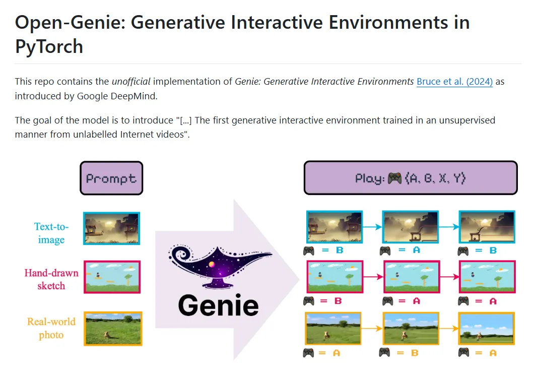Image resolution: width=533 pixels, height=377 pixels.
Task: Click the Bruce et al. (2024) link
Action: tap(454, 82)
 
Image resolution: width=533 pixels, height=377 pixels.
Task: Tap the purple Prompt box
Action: tap(111, 178)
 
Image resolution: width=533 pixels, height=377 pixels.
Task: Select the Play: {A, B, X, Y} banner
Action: tap(411, 178)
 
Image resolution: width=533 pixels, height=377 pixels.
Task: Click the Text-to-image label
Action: tap(51, 233)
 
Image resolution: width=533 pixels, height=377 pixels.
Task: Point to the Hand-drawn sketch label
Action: tap(51, 279)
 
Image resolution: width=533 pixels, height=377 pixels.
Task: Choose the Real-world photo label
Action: tap(51, 328)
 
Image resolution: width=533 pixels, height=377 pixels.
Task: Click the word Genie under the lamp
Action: tap(218, 305)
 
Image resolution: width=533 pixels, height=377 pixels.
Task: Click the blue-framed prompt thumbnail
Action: tap(111, 228)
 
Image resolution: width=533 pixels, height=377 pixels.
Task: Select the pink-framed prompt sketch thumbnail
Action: tap(111, 277)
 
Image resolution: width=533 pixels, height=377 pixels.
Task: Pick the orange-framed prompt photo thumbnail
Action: tap(113, 329)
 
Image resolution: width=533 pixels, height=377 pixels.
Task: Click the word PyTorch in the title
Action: tap(49, 46)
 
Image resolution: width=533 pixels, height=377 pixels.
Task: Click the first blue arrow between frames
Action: tap(372, 227)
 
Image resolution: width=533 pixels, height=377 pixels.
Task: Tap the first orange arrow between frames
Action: tap(372, 329)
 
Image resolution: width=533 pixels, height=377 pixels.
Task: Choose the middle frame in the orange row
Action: tap(411, 329)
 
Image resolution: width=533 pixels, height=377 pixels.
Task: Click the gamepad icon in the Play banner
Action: tap(394, 178)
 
